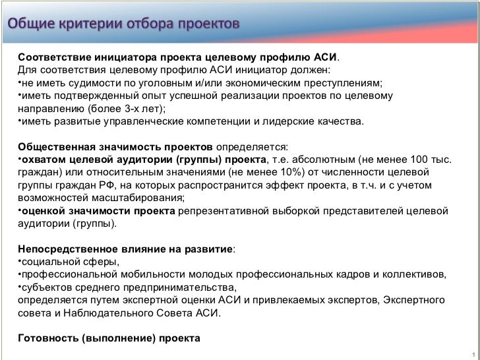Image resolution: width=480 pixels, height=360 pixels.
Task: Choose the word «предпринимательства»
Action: pyautogui.click(x=182, y=287)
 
